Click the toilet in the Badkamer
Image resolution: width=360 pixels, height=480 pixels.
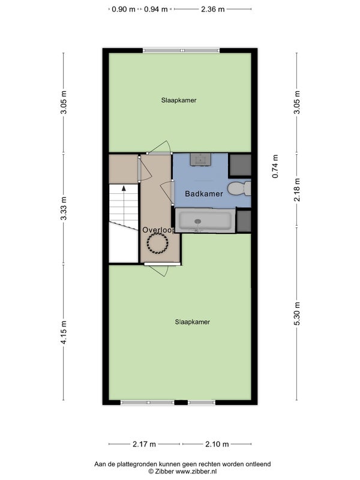pos(239,188)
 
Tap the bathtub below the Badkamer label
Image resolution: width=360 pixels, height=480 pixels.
pos(205,220)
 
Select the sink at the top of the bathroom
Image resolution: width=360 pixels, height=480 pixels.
pos(200,159)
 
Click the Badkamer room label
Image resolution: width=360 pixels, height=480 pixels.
pos(204,193)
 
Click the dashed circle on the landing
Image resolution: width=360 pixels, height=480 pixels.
pos(157,243)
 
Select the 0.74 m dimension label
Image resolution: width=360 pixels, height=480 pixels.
pos(275,166)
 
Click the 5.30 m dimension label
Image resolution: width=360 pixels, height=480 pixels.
pos(297,313)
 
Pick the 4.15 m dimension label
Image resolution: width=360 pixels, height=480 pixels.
pos(64,332)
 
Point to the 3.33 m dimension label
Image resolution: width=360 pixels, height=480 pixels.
pos(64,208)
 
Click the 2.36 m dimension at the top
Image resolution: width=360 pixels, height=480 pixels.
pos(213,9)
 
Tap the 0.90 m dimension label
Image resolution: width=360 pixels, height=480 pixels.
pos(124,9)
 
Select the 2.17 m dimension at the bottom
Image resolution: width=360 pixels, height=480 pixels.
pos(144,444)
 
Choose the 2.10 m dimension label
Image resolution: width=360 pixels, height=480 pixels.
pos(217,444)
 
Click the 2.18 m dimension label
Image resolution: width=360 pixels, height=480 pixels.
pos(297,190)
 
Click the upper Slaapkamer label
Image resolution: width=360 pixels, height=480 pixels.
pos(179,100)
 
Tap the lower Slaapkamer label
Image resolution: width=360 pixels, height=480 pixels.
pos(193,322)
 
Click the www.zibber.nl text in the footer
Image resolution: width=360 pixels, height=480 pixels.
pos(196,472)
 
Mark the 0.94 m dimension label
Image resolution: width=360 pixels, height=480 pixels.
pos(156,9)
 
